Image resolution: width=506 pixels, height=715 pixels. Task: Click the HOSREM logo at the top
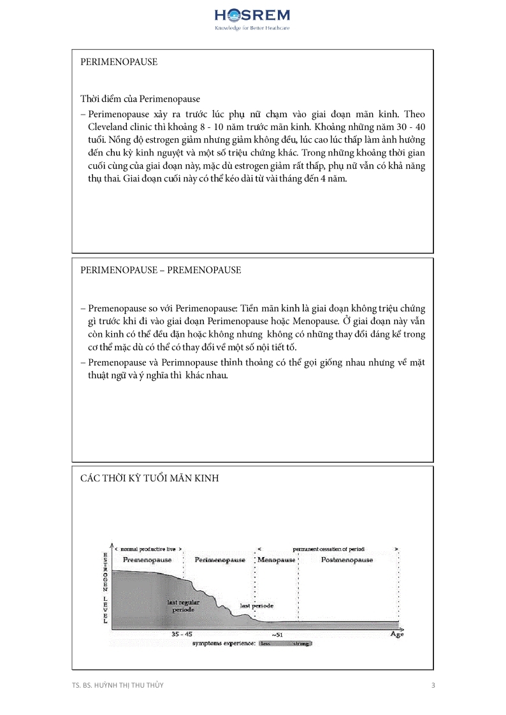[x=253, y=18]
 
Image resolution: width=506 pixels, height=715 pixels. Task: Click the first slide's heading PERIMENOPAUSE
[x=119, y=62]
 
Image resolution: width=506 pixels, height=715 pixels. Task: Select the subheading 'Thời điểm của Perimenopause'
[x=140, y=99]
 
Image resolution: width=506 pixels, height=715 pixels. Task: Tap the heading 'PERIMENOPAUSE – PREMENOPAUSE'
[x=161, y=270]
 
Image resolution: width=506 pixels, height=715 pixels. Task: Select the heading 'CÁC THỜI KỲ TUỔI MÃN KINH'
[x=149, y=478]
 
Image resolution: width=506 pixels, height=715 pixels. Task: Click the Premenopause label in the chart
[x=147, y=560]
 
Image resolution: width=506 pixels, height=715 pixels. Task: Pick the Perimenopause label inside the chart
[x=220, y=560]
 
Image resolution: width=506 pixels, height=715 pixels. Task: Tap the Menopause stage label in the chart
[x=277, y=560]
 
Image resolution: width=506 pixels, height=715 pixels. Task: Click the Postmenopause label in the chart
[x=347, y=560]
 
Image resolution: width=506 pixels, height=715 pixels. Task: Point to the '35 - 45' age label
[x=182, y=634]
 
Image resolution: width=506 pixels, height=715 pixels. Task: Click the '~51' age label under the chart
[x=277, y=635]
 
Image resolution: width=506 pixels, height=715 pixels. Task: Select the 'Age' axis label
[x=396, y=634]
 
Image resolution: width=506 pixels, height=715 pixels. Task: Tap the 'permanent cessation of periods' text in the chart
[x=328, y=548]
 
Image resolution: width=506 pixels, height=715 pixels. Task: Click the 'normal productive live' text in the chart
[x=148, y=548]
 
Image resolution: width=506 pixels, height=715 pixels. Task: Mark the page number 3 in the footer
[x=433, y=685]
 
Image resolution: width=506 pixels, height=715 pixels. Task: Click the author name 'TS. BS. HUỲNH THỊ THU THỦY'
[x=121, y=685]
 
